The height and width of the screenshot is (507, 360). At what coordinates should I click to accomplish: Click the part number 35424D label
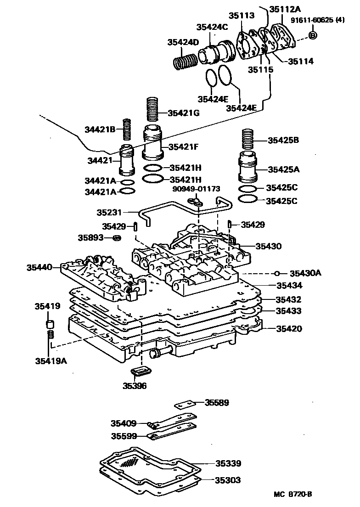click(x=183, y=43)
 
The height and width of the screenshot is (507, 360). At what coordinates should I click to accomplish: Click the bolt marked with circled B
click(x=313, y=35)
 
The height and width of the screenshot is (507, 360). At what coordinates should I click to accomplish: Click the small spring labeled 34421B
click(x=127, y=130)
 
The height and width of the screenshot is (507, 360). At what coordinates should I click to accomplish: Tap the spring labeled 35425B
click(x=248, y=141)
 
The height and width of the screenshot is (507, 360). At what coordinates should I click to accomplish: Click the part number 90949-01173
click(x=196, y=188)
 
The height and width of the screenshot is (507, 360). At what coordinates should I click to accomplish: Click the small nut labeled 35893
click(x=118, y=238)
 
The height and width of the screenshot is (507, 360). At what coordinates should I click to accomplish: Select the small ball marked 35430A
click(x=277, y=273)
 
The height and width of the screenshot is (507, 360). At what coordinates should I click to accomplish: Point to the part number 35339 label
click(x=228, y=464)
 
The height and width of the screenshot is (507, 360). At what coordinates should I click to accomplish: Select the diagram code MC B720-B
click(x=293, y=494)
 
